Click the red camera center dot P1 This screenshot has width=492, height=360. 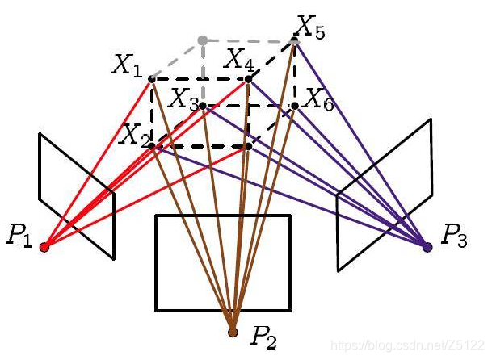point(44,247)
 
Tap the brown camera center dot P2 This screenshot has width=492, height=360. point(233,332)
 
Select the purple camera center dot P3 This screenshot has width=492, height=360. point(427,246)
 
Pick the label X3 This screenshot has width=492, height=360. point(183,99)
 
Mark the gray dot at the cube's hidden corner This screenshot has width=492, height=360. point(202,40)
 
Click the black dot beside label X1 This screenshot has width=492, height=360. point(152,78)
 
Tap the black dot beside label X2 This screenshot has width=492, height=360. point(152,146)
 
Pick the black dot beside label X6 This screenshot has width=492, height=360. point(295,105)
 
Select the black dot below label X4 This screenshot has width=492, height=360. point(248,78)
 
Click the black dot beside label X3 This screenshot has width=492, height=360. point(203,105)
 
